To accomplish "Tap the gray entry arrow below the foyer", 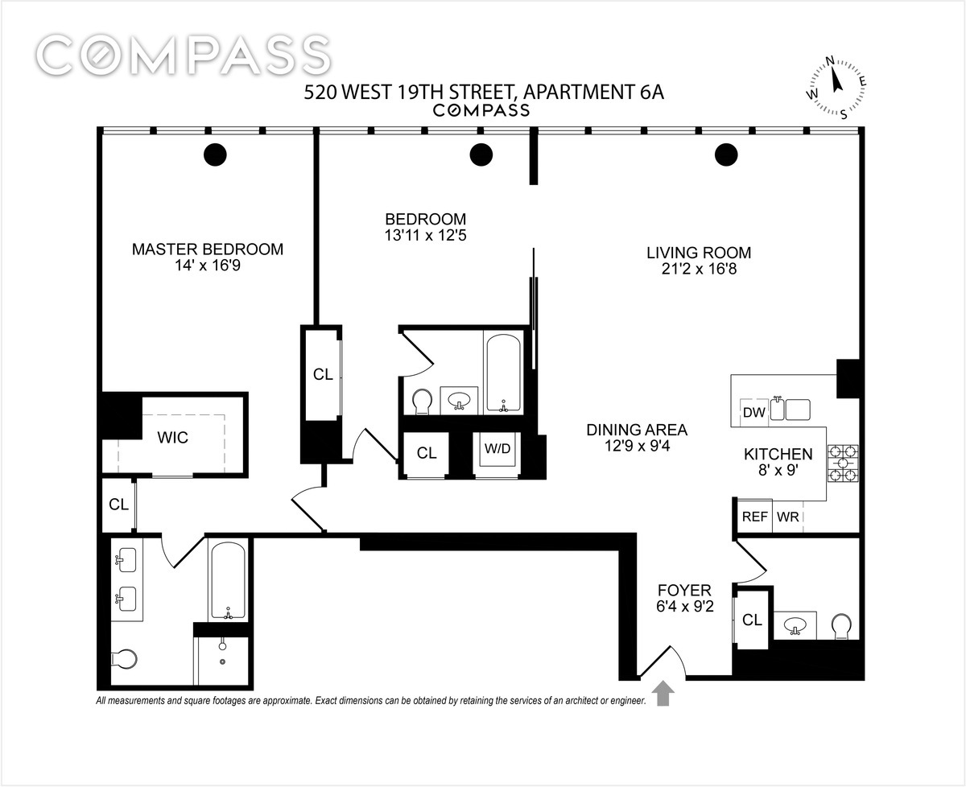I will [x=664, y=693].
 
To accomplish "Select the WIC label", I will [x=172, y=438].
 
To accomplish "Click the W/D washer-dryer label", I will [x=497, y=448].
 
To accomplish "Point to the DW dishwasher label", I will [x=753, y=413].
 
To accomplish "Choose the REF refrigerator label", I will [x=754, y=517].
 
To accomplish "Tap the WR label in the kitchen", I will [x=788, y=517].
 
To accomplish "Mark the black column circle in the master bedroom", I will [x=215, y=154].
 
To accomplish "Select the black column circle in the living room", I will [x=726, y=154].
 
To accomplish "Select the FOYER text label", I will [x=683, y=591].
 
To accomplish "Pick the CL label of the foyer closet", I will [x=752, y=620].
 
